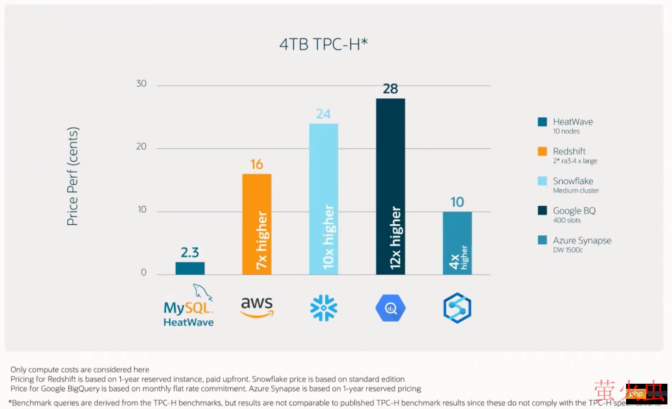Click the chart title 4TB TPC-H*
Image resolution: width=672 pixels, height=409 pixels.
[x=324, y=44]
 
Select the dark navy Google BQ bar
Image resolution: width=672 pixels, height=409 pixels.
[x=390, y=186]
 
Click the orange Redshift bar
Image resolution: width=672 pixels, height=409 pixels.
[x=256, y=224]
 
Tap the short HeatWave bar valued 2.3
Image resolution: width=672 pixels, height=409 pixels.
[x=190, y=268]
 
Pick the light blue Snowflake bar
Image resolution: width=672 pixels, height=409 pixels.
[x=324, y=199]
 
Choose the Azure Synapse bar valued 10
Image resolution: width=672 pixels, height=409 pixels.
[x=457, y=243]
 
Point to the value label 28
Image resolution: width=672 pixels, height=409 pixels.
[x=390, y=89]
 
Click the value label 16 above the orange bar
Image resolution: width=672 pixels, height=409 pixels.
[x=256, y=164]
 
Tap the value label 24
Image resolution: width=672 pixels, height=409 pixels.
[x=324, y=114]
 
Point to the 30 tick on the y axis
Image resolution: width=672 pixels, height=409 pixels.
[x=141, y=84]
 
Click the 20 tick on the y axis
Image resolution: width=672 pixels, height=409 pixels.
[x=141, y=147]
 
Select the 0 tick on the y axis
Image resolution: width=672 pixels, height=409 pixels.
[x=143, y=273]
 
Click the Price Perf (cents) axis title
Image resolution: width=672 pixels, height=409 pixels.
[x=73, y=176]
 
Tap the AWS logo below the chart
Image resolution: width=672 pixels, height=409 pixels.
[x=257, y=307]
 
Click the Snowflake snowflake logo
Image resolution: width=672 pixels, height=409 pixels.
[x=324, y=308]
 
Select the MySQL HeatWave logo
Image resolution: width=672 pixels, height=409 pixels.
[x=189, y=307]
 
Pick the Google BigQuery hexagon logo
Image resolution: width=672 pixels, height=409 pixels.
[x=390, y=308]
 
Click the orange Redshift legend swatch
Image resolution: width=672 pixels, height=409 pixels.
[x=542, y=151]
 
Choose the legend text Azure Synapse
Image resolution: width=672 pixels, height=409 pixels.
[x=582, y=240]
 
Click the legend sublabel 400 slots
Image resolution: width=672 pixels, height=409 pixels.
[x=567, y=221]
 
